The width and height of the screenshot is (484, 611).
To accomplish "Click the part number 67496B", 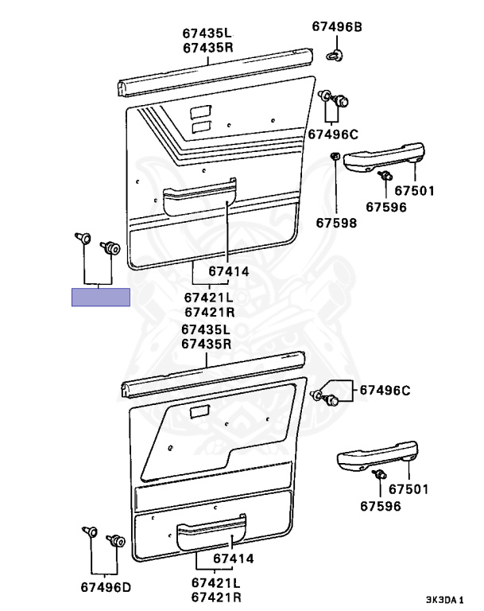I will click(x=336, y=27).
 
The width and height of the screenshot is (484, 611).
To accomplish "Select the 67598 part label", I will click(x=337, y=223).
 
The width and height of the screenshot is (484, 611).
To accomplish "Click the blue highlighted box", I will click(x=100, y=298).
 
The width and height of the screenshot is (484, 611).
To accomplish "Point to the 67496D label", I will click(x=105, y=589).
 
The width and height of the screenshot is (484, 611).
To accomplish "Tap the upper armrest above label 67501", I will click(x=385, y=156).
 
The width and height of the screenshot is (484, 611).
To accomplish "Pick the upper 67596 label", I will click(x=385, y=208).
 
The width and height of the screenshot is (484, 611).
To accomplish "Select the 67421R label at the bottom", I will click(x=216, y=597).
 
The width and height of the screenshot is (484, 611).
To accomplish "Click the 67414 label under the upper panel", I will click(x=229, y=271).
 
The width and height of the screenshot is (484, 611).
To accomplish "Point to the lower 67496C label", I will click(x=385, y=390).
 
